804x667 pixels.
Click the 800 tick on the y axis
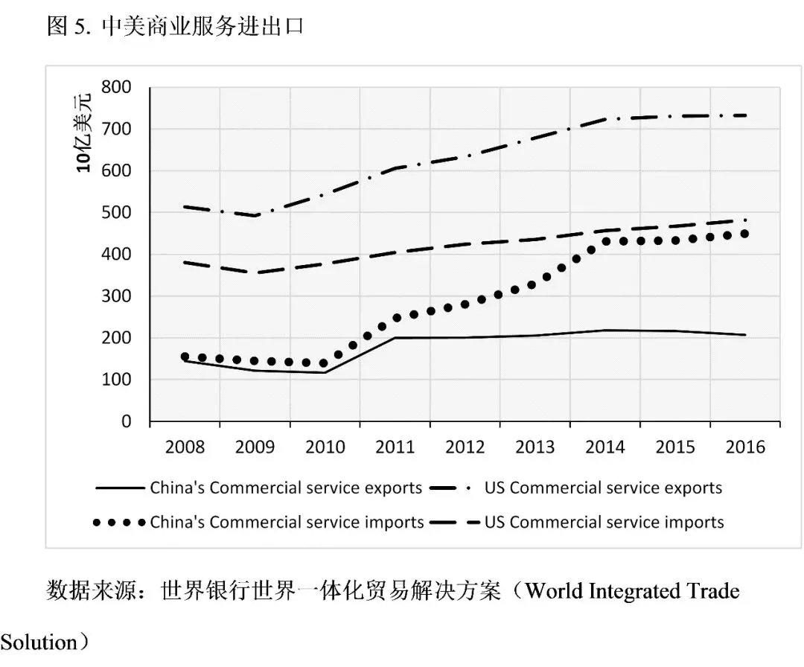coord(117,88)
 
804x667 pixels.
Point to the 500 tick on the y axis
coord(117,213)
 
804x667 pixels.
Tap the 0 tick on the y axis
coord(126,421)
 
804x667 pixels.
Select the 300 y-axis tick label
coord(117,296)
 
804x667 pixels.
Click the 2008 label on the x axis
coord(185,447)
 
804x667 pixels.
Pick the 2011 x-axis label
coord(395,447)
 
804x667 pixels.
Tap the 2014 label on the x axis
coord(605,447)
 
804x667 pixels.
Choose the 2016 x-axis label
coord(745,447)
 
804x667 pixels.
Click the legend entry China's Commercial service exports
coord(286,488)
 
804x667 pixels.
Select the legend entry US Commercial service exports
coord(603,488)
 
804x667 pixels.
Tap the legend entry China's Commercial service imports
coord(287,522)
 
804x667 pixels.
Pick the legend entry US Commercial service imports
coord(604,522)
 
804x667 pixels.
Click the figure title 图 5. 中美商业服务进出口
coord(175,27)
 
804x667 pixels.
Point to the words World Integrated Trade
coord(632,592)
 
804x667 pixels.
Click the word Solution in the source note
coord(39,641)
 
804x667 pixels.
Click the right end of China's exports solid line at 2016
coord(745,335)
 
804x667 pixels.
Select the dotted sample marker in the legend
coord(119,523)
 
